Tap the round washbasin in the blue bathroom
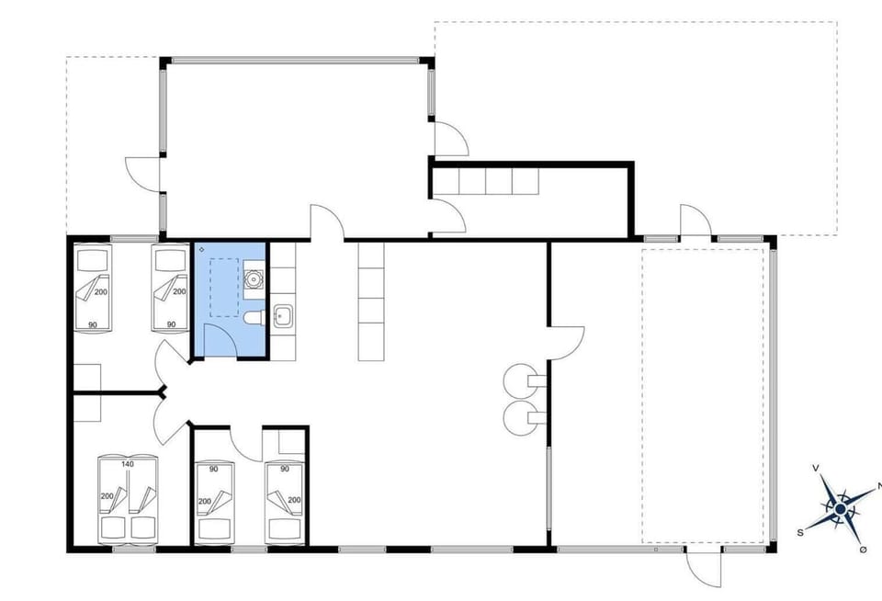254,276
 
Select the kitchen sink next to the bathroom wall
282,317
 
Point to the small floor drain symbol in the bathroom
201,250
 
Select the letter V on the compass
816,469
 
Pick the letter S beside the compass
800,532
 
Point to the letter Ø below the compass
863,549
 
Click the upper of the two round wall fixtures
518,378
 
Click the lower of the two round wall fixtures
518,416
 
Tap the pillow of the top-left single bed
93,260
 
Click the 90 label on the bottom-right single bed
285,469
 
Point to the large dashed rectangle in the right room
703,395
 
